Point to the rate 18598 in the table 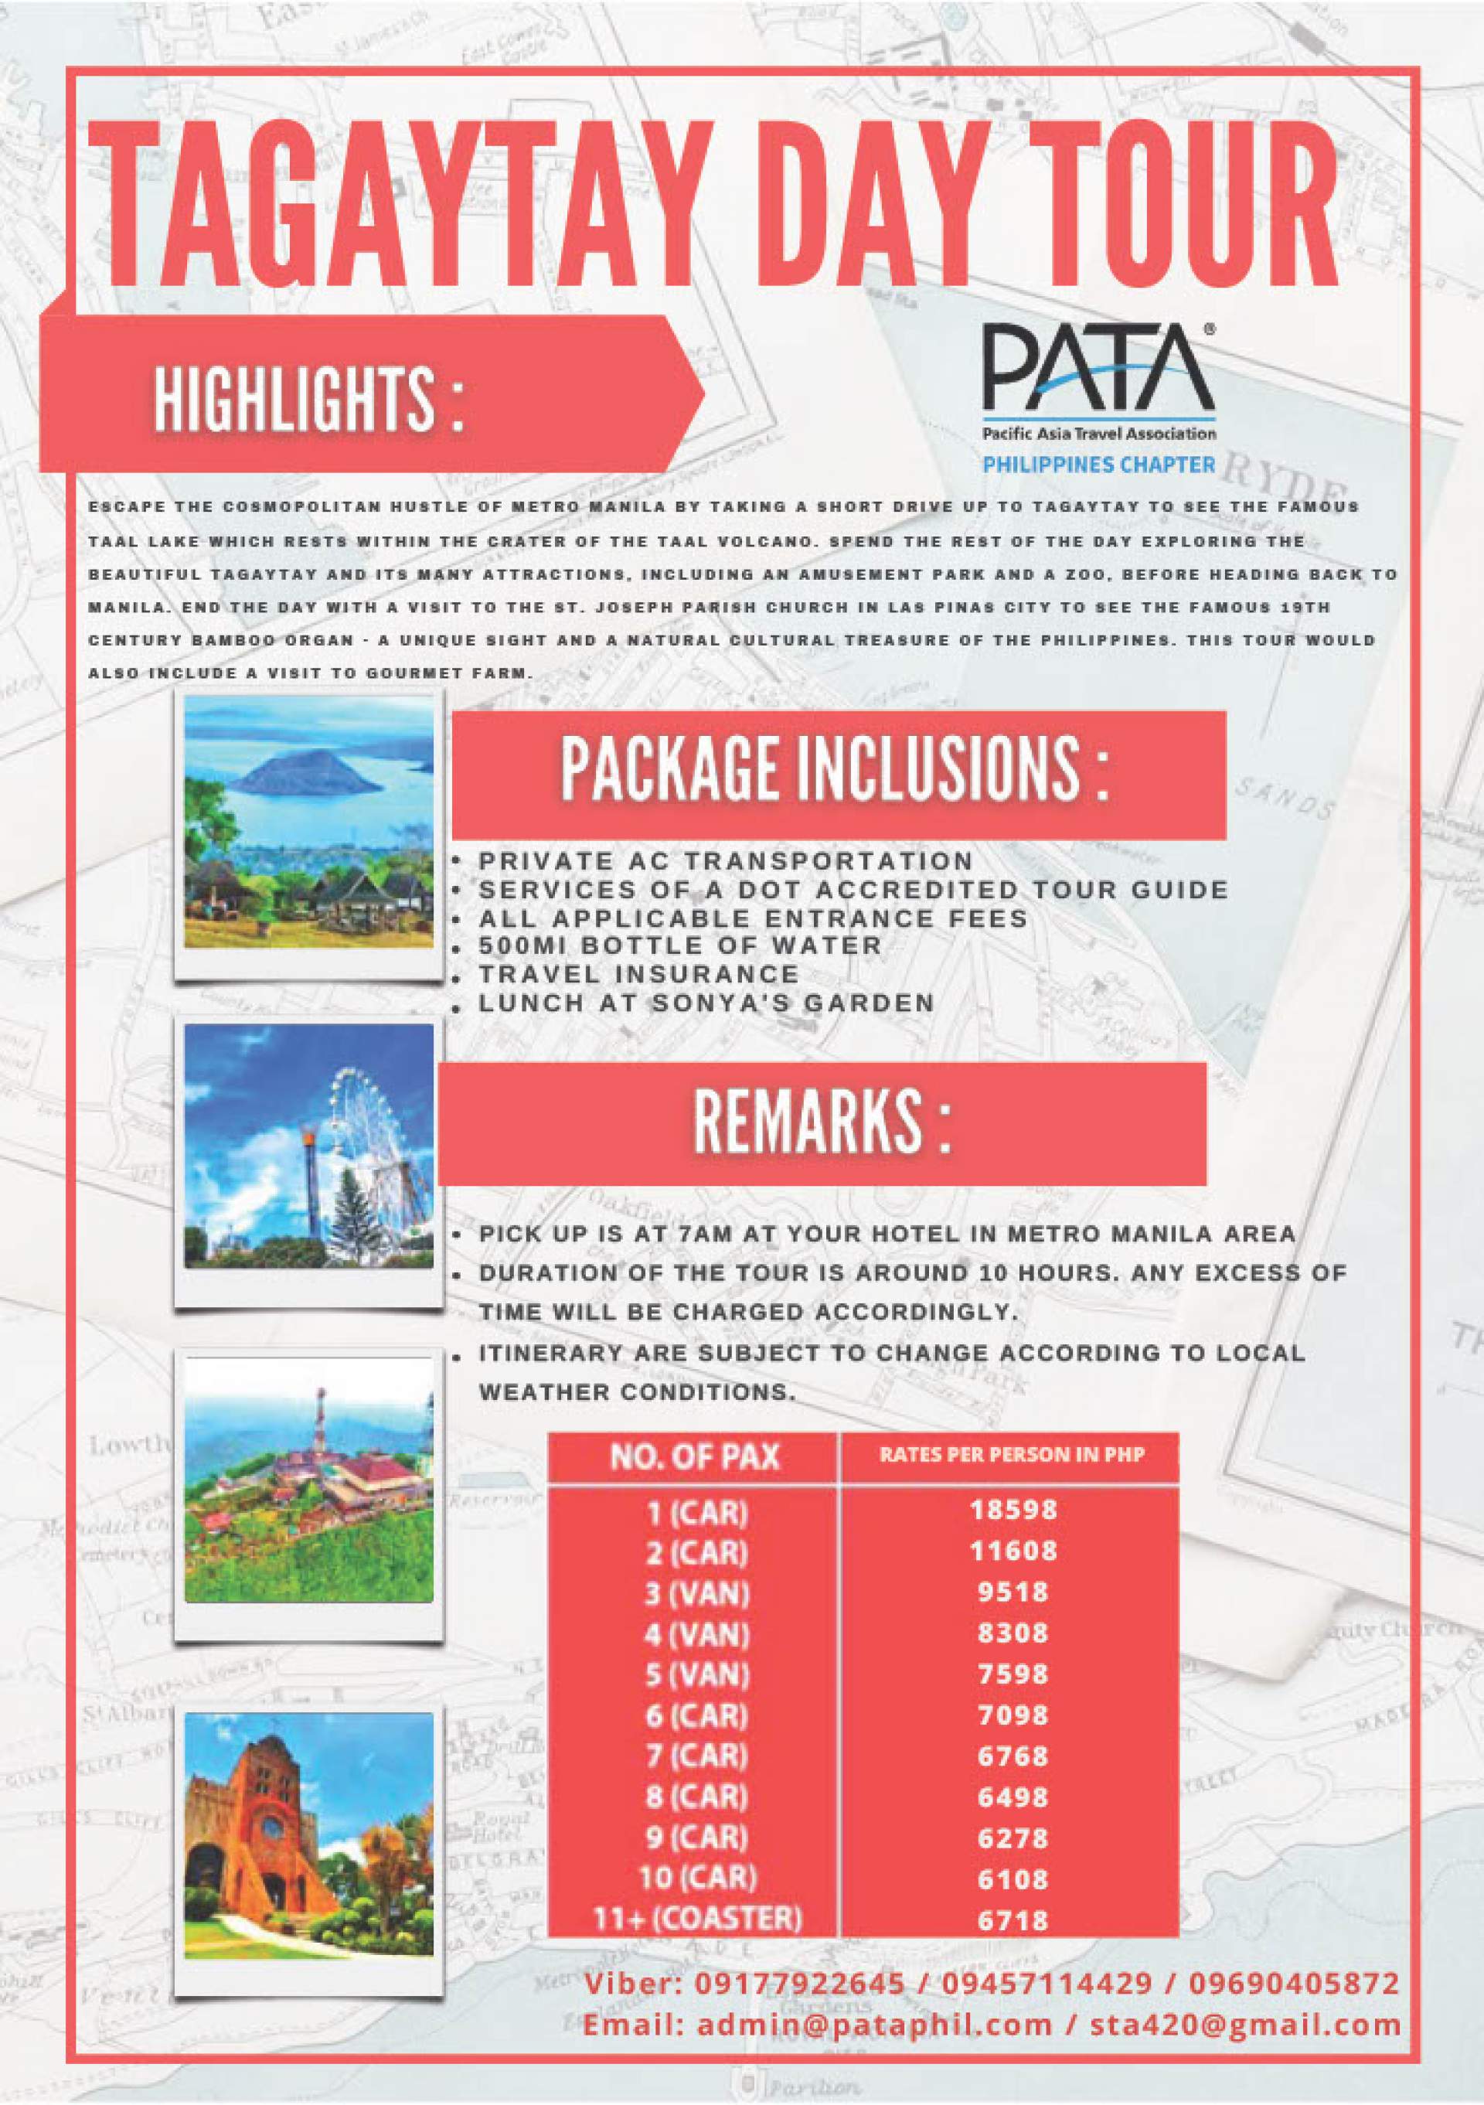tap(1013, 1508)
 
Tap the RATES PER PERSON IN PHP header tap(1011, 1454)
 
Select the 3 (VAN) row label tap(696, 1593)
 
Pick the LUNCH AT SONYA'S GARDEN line tap(706, 1002)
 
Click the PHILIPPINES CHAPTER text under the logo tap(1098, 465)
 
